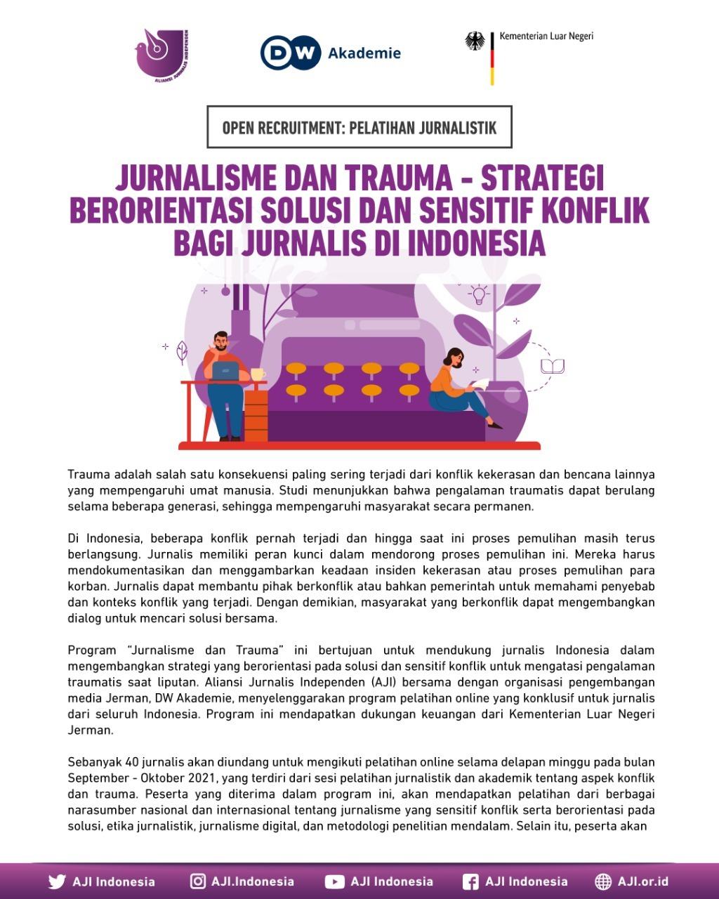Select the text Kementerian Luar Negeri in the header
pos(546,36)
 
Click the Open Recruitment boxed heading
pos(359,128)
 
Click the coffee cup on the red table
pos(258,374)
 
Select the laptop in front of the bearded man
pos(224,372)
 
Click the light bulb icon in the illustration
pos(480,294)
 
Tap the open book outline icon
pos(553,367)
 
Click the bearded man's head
pos(220,341)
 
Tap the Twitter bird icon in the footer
pos(57,881)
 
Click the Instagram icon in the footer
pos(198,881)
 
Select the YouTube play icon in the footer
pos(334,881)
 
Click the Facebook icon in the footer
pos(470,881)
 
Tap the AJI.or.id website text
pos(642,881)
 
